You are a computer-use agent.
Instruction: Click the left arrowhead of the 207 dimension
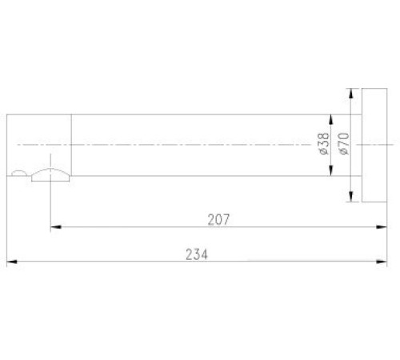click(x=55, y=228)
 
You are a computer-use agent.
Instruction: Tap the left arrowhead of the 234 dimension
click(x=11, y=262)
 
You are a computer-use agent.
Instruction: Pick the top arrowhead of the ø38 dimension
click(x=330, y=119)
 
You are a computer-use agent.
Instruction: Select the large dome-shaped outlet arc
click(x=50, y=174)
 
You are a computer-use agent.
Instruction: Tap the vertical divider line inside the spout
click(x=72, y=144)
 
